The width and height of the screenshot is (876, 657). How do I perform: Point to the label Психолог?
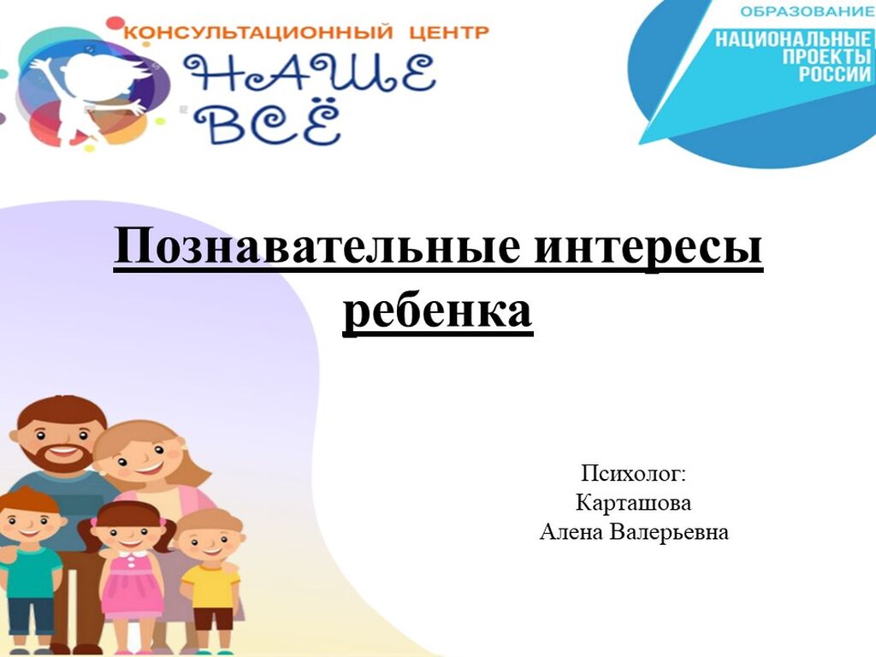click(x=633, y=474)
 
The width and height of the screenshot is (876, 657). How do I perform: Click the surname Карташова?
click(x=633, y=503)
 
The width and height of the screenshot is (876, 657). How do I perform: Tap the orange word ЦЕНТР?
click(x=448, y=33)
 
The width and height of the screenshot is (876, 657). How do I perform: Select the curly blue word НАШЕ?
click(x=309, y=74)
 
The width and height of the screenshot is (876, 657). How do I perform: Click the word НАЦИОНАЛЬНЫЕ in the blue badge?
click(x=793, y=39)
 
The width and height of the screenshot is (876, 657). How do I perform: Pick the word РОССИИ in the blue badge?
click(x=835, y=74)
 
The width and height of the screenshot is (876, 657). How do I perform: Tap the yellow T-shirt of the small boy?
click(x=210, y=587)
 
